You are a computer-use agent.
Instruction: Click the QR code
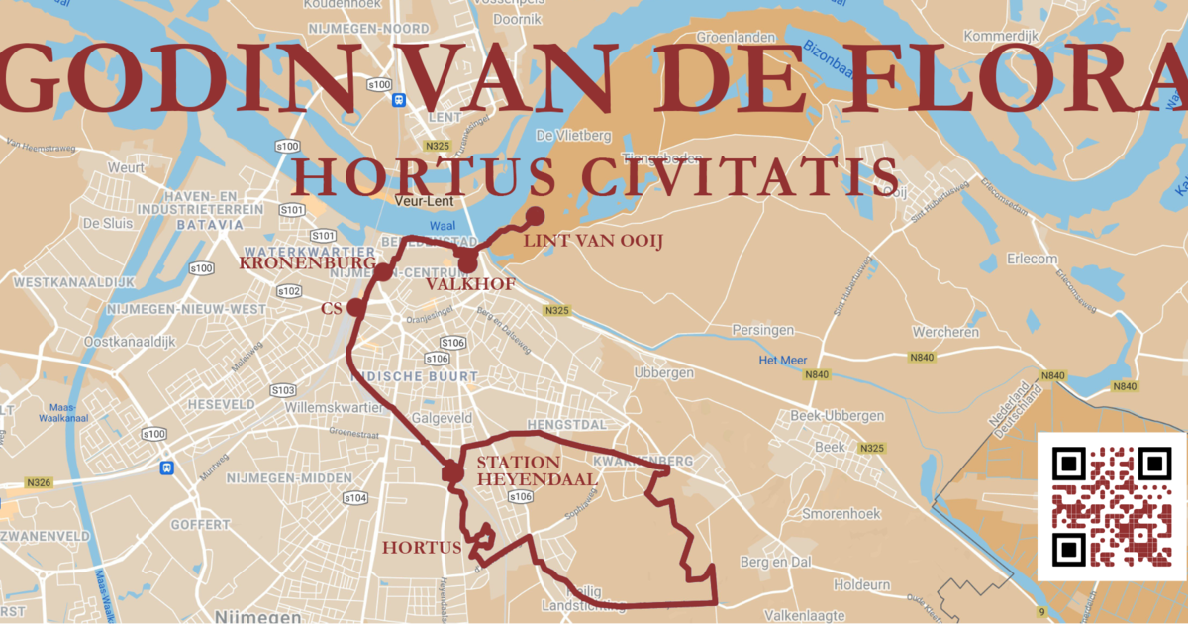click(1112, 506)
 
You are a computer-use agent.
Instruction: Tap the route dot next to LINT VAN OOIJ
click(536, 214)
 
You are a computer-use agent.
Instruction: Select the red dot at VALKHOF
click(468, 263)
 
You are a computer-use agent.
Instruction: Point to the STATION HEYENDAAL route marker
click(452, 472)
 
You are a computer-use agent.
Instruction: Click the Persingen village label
click(763, 329)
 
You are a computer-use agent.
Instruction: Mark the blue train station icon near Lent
click(398, 100)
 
